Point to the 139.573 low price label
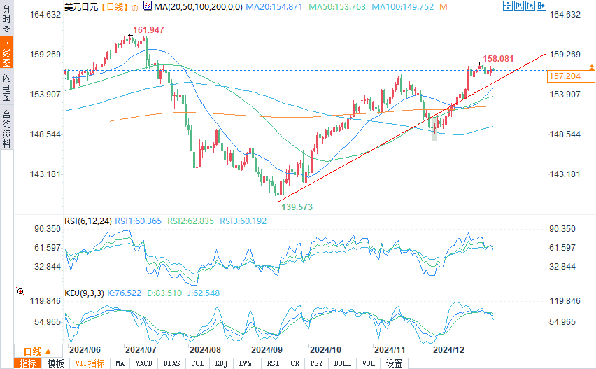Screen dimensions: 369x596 [x=297, y=207]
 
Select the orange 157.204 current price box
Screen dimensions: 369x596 [x=566, y=76]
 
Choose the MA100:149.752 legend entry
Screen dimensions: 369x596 [x=403, y=6]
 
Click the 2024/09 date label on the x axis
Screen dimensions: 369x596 [x=267, y=349]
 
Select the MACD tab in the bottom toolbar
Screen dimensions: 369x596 [x=144, y=363]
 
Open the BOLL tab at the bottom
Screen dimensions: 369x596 [x=342, y=363]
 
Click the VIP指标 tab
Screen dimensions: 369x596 [x=90, y=363]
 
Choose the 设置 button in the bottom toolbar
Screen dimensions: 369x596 [x=395, y=363]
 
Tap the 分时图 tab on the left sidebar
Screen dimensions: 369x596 [x=7, y=19]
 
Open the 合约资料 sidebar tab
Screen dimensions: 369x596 [x=7, y=129]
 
